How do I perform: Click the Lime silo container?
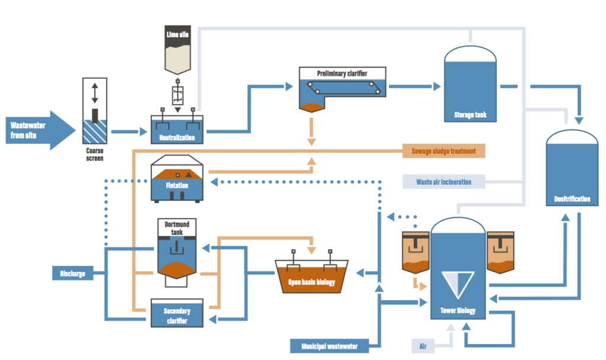(178, 50)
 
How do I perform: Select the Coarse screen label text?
(95, 155)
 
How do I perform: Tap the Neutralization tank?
(177, 129)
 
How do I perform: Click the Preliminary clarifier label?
(342, 73)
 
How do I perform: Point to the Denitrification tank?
(572, 168)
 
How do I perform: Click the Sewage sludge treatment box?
(444, 151)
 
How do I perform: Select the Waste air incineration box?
(444, 182)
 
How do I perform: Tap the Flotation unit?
(177, 179)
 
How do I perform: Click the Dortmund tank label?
(177, 228)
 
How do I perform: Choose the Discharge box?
(73, 274)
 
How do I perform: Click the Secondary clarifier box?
(177, 313)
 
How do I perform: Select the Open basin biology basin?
(311, 276)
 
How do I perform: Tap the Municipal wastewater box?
(329, 346)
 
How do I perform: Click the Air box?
(423, 346)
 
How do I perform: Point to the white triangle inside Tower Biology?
(457, 284)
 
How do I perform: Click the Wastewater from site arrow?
(41, 130)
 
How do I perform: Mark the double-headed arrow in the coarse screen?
(95, 93)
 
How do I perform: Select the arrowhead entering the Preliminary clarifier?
(289, 86)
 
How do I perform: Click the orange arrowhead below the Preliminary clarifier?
(311, 142)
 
